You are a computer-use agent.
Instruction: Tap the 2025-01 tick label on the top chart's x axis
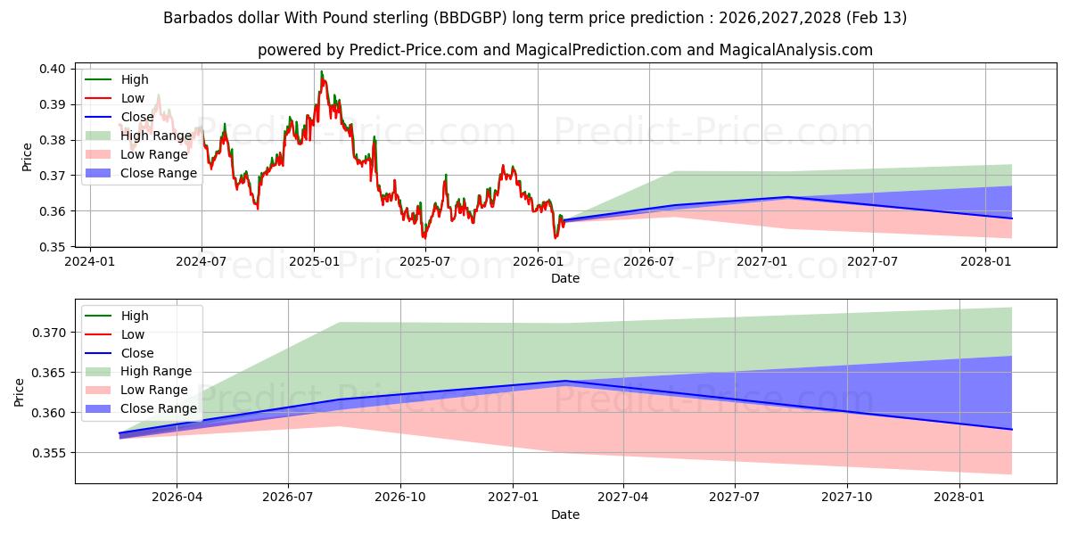(314, 261)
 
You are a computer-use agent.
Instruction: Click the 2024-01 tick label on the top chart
(90, 261)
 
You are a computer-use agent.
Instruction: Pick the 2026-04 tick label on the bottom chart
(177, 498)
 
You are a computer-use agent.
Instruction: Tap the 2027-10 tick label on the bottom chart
(847, 498)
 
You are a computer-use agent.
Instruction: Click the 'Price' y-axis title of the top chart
(27, 157)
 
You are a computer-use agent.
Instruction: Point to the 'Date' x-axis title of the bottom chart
(565, 514)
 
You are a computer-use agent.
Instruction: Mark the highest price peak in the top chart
(321, 71)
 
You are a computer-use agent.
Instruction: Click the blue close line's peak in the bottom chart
(564, 381)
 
